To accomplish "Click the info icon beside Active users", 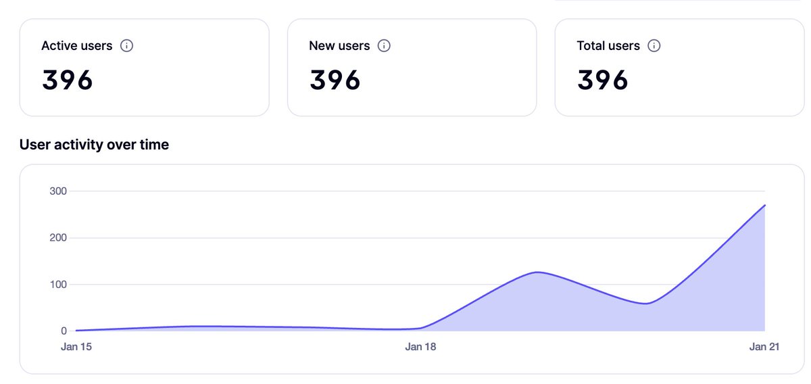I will coord(126,46).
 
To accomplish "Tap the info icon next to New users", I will coord(384,46).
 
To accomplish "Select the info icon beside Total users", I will coord(654,46).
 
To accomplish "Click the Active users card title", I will coord(76,46).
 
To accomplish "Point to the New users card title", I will coord(339,46).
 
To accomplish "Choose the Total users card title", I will coord(608,46).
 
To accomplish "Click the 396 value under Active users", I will coord(68,80).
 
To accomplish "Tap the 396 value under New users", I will coord(335,80).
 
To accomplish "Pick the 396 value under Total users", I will coord(603,80).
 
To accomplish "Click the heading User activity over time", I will coord(94,145).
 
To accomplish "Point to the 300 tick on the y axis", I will coord(58,191).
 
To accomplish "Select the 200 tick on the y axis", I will coord(58,238).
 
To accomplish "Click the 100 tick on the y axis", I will coord(58,285).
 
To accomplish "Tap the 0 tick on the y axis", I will coord(64,331).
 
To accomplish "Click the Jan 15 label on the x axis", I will coord(76,347).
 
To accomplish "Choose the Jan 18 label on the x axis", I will coord(420,347).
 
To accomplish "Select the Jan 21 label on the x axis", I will coord(764,347).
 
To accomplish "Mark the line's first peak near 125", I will coord(536,272).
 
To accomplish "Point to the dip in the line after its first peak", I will coord(647,304).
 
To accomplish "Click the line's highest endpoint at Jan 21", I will coord(764,205).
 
